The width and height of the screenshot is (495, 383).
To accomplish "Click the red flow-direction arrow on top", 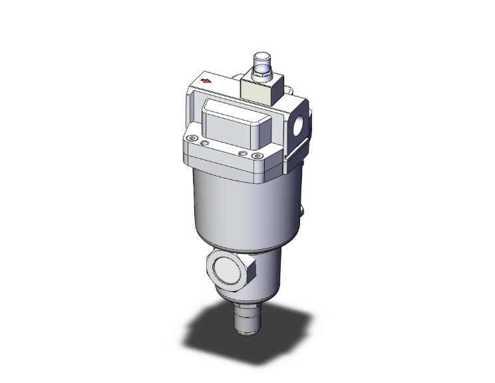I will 206,81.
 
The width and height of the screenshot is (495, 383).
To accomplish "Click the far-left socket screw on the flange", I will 193,139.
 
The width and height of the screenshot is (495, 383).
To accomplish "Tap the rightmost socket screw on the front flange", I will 257,156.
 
